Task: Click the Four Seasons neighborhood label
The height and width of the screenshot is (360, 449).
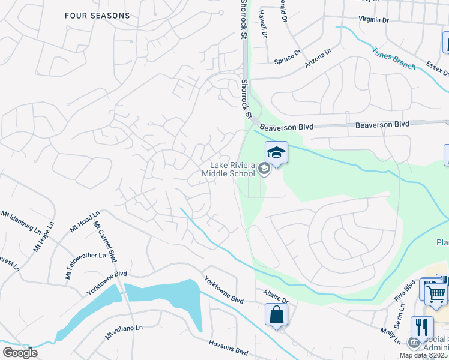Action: click(x=98, y=16)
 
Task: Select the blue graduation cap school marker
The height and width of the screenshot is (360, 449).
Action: click(x=276, y=152)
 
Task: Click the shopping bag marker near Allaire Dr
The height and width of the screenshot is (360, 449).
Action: click(x=276, y=314)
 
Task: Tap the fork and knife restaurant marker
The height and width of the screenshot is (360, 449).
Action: click(x=422, y=328)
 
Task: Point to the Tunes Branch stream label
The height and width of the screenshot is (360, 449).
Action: click(x=394, y=59)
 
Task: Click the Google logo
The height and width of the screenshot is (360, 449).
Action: click(x=20, y=352)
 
